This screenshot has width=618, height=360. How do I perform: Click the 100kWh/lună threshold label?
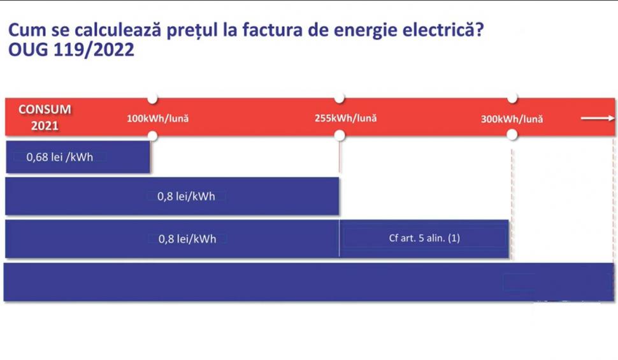coord(157,119)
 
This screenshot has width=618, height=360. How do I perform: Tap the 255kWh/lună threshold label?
coord(345,118)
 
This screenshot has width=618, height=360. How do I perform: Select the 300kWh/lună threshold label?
coord(512,119)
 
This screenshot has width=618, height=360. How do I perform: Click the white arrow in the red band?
coord(597,118)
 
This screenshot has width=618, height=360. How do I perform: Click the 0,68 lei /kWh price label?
coord(60,157)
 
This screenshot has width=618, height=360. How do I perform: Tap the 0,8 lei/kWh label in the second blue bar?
coord(186,197)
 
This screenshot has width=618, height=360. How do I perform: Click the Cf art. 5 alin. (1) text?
coord(424,238)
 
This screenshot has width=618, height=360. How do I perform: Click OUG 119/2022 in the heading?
coord(71,50)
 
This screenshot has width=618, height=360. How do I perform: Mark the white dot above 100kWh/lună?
coord(152,98)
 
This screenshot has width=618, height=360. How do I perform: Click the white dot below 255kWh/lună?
coord(340,135)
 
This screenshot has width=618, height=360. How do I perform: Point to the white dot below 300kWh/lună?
coord(512,135)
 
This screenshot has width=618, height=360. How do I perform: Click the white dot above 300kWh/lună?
coord(512,98)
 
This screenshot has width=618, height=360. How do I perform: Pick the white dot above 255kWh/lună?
coord(340,98)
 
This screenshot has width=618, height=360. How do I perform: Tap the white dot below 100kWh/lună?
coord(152,135)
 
